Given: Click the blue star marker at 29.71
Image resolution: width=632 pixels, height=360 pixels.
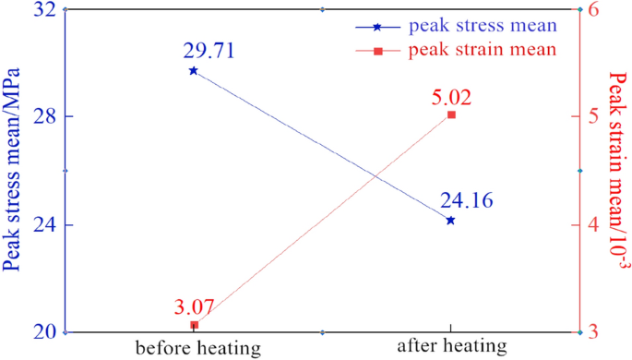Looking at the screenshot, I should [x=193, y=70].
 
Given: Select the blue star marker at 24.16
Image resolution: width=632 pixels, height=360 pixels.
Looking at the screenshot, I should [x=450, y=220].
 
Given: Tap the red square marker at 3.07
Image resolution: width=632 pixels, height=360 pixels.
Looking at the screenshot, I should [x=194, y=325].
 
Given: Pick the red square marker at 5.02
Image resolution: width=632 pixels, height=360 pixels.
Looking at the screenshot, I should [x=451, y=114].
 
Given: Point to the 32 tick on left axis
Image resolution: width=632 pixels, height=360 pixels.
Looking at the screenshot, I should [x=45, y=10].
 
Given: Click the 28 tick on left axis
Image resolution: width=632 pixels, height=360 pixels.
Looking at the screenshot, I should [x=45, y=117].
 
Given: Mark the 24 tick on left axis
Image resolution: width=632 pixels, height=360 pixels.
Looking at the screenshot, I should [x=45, y=225].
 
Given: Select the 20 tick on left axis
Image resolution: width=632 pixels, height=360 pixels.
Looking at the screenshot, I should [x=45, y=332].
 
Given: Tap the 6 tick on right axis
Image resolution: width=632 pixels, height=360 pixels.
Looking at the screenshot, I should [x=595, y=10].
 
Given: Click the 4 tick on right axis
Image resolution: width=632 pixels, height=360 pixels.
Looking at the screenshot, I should [x=595, y=225].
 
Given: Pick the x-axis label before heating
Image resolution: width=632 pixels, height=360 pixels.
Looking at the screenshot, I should [x=197, y=348].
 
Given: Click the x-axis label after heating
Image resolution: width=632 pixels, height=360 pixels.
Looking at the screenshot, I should [x=452, y=347].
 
